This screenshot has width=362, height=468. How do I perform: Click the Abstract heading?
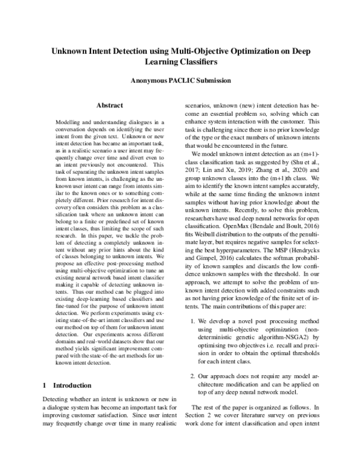[109, 106]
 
